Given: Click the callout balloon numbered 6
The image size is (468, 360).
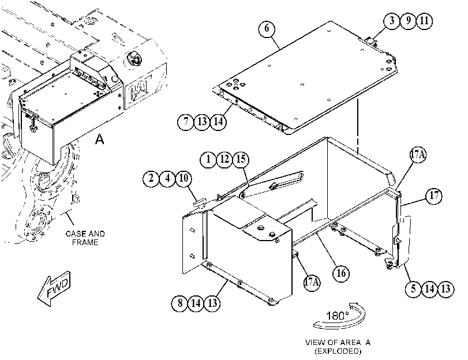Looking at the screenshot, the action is pyautogui.click(x=267, y=29).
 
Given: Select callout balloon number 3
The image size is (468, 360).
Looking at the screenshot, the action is pyautogui.click(x=392, y=21).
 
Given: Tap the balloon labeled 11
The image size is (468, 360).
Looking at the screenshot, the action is pyautogui.click(x=424, y=21).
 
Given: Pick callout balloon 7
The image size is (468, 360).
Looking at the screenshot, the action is pyautogui.click(x=186, y=122).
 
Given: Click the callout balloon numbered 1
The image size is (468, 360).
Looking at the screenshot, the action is pyautogui.click(x=208, y=159).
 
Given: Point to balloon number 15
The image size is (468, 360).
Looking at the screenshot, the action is pyautogui.click(x=241, y=159).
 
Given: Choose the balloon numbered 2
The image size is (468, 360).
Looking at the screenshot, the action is pyautogui.click(x=151, y=178).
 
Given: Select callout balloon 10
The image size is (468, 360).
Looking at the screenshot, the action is pyautogui.click(x=184, y=178).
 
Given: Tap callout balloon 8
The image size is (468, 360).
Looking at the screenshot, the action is pyautogui.click(x=180, y=303).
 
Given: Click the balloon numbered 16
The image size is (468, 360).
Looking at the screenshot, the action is pyautogui.click(x=341, y=273).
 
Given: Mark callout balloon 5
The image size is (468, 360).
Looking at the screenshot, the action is pyautogui.click(x=413, y=289).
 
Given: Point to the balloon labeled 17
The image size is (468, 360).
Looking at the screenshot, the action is pyautogui.click(x=434, y=196).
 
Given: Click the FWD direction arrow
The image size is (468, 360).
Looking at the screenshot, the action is pyautogui.click(x=54, y=289).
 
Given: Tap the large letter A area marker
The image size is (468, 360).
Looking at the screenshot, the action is pyautogui.click(x=100, y=139).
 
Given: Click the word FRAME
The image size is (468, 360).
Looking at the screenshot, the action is pyautogui.click(x=85, y=242).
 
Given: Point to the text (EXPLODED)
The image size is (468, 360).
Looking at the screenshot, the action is pyautogui.click(x=338, y=351).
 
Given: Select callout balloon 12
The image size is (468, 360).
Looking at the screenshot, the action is pyautogui.click(x=224, y=159).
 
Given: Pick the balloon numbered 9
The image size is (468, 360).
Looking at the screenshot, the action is pyautogui.click(x=408, y=21).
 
